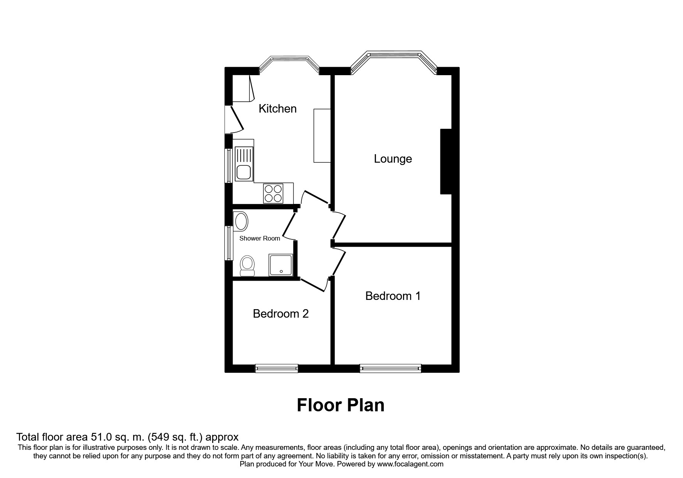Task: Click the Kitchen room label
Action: click(277, 109)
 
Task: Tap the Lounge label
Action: click(393, 159)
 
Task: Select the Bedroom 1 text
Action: click(393, 296)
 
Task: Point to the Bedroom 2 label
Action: click(281, 313)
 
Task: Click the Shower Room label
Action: click(260, 238)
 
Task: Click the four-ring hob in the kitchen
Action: click(273, 193)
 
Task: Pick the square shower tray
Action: click(281, 265)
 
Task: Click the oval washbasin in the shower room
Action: click(241, 222)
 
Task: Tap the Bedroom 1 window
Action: click(390, 369)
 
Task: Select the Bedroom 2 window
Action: click(277, 369)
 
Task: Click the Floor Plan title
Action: click(341, 406)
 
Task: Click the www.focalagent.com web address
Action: click(410, 464)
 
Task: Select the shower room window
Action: click(229, 243)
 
